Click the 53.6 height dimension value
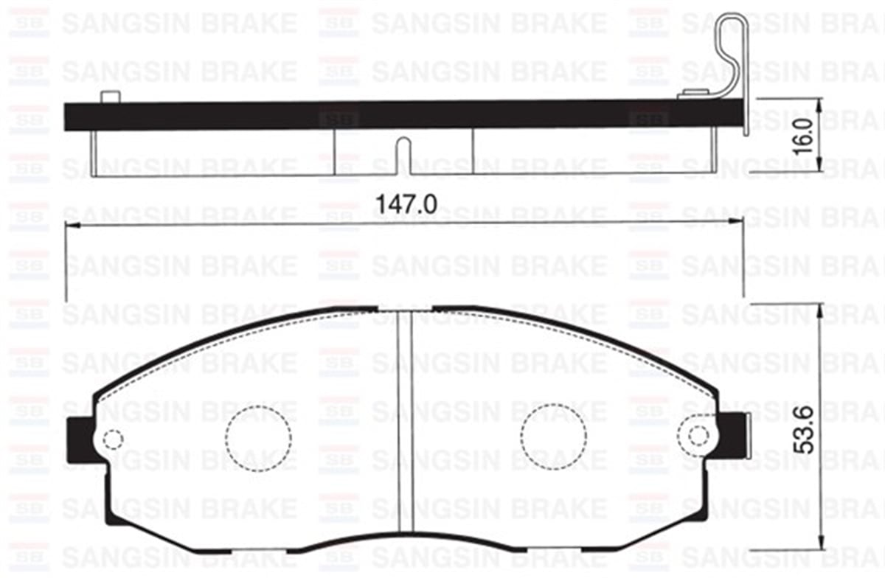point(805,429)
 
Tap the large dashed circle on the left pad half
point(258,438)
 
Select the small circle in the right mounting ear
point(698,435)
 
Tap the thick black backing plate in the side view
point(369,116)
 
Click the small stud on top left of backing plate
point(109,97)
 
